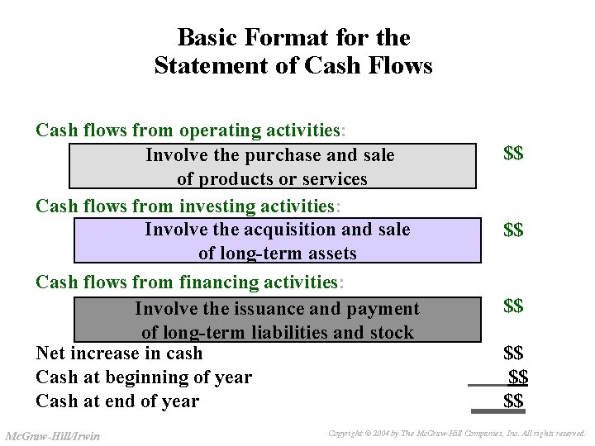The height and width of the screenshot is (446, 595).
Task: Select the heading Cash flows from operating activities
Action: pyautogui.click(x=191, y=130)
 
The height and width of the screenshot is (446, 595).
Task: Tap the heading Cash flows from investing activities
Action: pyautogui.click(x=188, y=205)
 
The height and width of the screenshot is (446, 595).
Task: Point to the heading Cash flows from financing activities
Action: pyautogui.click(x=189, y=282)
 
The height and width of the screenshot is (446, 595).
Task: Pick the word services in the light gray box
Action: pyautogui.click(x=334, y=179)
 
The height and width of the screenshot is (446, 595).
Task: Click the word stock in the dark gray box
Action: pyautogui.click(x=392, y=333)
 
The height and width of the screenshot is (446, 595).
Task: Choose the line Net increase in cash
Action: pyautogui.click(x=119, y=353)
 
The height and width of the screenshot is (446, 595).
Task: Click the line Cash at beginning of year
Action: pyautogui.click(x=144, y=377)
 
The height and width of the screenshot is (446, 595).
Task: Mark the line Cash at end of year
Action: pyautogui.click(x=117, y=401)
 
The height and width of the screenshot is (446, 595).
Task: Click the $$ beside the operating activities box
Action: pyautogui.click(x=513, y=154)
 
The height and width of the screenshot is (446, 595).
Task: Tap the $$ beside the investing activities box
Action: pyautogui.click(x=513, y=230)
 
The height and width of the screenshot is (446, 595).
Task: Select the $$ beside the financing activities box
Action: pyautogui.click(x=513, y=306)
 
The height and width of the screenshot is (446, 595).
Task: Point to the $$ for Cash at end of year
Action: pyautogui.click(x=513, y=401)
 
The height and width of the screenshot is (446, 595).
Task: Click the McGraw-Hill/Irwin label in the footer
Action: pyautogui.click(x=53, y=435)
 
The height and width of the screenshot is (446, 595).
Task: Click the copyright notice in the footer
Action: pyautogui.click(x=456, y=433)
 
